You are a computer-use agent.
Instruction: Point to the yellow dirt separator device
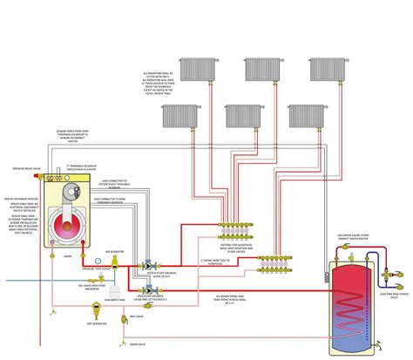58,309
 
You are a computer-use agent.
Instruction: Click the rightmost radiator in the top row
319,67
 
